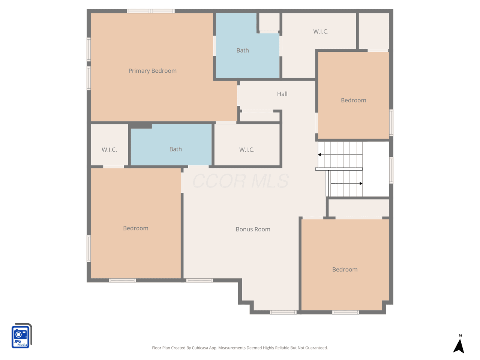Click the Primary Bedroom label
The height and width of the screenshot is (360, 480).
[152, 71]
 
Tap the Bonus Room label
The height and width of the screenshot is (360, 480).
[253, 229]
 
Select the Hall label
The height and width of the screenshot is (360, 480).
[282, 94]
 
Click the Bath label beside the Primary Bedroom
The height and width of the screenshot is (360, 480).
[243, 51]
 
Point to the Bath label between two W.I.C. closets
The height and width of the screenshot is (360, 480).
[175, 149]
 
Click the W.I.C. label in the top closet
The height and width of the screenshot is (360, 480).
[321, 31]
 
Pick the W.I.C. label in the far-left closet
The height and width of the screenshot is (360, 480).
[109, 150]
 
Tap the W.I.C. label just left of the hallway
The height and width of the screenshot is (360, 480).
[247, 150]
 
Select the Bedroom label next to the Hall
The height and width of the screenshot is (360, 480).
[353, 100]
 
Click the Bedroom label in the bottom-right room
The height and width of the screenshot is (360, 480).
[345, 270]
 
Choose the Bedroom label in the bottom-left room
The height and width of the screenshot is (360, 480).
[136, 228]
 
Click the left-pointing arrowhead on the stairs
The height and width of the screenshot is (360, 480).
[319, 154]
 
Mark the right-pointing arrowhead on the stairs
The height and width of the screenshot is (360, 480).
[361, 183]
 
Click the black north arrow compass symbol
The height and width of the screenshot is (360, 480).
[459, 346]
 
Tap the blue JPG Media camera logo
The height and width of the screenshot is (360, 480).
[21, 336]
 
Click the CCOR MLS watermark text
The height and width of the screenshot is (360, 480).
[240, 181]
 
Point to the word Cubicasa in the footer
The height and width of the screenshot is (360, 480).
[200, 348]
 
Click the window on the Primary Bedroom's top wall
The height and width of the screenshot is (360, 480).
[151, 11]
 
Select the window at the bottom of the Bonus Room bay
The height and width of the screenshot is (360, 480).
[283, 312]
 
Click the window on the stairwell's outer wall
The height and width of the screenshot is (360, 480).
[391, 170]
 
